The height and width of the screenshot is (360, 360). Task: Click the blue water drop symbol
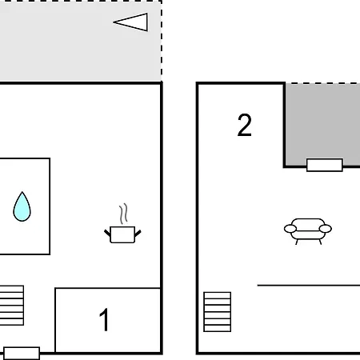point(22,206)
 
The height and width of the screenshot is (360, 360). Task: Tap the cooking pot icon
point(122,234)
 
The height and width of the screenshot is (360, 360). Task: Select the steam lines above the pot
point(123,214)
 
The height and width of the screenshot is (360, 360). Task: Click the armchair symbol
point(308,231)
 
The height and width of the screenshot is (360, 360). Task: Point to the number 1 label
point(104,319)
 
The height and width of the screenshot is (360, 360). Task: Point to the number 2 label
point(244,125)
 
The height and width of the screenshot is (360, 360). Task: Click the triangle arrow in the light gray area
point(130,22)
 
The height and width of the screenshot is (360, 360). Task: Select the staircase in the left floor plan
point(12,306)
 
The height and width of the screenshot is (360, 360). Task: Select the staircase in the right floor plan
point(218,312)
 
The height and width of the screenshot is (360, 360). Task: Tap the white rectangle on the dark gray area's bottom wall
point(325,165)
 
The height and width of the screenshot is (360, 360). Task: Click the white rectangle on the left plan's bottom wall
point(22,354)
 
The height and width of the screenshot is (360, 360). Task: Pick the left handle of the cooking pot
point(107,233)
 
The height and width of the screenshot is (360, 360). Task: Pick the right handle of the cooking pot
point(138,234)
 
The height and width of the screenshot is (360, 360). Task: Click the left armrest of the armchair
point(290,229)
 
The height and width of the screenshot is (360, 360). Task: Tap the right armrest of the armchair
point(326,229)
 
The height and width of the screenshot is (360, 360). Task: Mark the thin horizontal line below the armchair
point(309,286)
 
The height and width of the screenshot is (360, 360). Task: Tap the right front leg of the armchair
point(320,242)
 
